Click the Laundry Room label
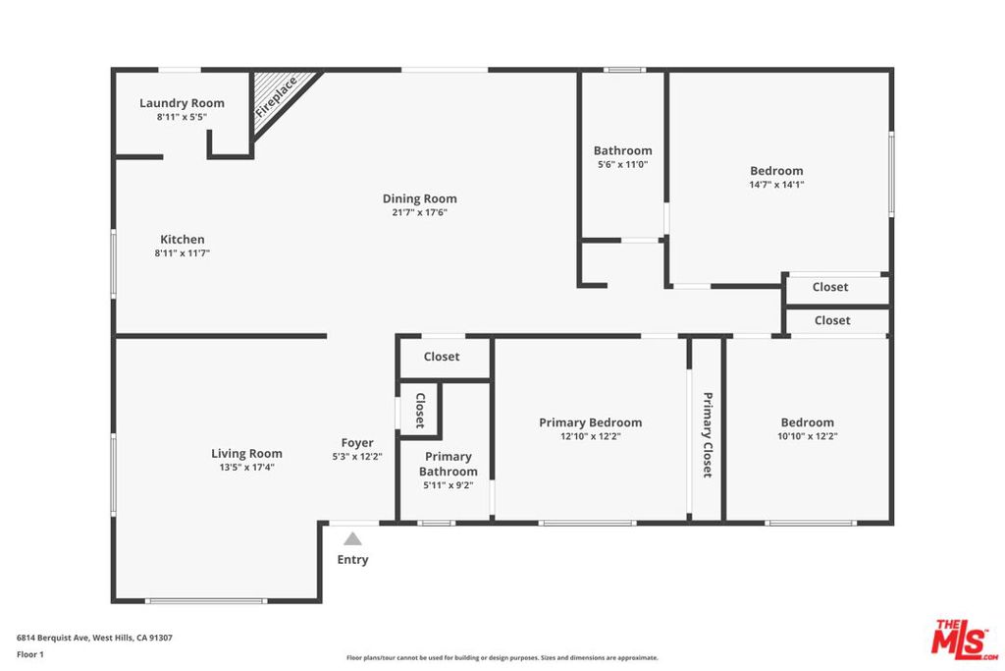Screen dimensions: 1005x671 [182, 102]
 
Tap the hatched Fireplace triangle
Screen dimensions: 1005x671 [277, 96]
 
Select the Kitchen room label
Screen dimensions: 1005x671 [182, 240]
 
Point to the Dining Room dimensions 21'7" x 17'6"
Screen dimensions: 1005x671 [420, 212]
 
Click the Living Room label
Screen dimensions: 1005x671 [246, 454]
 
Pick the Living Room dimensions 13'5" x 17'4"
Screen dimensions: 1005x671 [246, 467]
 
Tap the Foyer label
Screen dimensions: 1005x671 [357, 443]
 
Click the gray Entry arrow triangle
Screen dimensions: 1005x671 [352, 538]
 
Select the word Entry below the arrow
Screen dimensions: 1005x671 [352, 559]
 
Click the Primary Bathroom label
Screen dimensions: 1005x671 [448, 464]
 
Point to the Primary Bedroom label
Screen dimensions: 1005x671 [590, 422]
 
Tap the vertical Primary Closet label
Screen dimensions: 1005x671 [708, 435]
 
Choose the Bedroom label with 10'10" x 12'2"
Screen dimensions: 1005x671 [808, 422]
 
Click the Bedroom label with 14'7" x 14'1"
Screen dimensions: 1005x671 [776, 171]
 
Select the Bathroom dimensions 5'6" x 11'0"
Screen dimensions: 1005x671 [622, 164]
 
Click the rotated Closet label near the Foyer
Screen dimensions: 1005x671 [420, 411]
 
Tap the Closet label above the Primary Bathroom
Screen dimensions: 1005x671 [442, 356]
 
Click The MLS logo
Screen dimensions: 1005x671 [965, 640]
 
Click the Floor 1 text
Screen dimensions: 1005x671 [30, 654]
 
